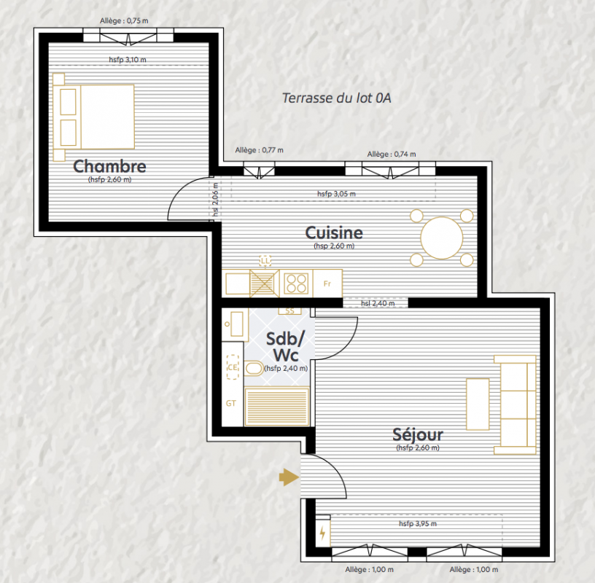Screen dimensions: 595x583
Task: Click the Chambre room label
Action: (109, 166)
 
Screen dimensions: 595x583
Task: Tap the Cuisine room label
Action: (334, 232)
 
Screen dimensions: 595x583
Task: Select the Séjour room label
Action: (418, 434)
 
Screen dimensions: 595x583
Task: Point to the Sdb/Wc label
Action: (286, 347)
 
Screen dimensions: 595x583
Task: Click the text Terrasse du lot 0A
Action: (336, 98)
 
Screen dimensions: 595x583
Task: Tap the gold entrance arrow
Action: (289, 477)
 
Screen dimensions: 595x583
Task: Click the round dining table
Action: (442, 238)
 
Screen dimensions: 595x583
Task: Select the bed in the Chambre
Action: (94, 117)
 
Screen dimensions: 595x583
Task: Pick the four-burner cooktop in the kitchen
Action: (296, 283)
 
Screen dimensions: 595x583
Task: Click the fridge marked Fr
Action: (327, 283)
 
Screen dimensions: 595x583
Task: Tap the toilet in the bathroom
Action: (253, 368)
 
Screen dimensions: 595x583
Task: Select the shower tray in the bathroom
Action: (276, 406)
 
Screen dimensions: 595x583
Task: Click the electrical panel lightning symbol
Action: (322, 533)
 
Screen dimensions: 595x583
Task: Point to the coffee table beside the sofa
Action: (478, 404)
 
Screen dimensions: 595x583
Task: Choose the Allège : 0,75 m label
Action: (124, 21)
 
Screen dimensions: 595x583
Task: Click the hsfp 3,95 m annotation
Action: (417, 523)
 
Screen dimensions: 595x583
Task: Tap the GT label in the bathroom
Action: (231, 403)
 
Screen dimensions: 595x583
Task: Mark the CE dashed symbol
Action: (233, 367)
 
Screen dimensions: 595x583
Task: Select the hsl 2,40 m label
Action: (378, 303)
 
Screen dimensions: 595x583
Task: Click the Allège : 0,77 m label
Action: (259, 150)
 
